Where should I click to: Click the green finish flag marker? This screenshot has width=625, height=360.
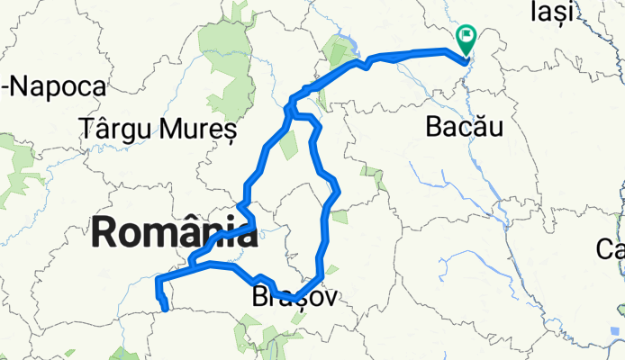[x=466, y=39]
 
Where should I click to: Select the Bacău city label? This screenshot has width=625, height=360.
[x=463, y=128]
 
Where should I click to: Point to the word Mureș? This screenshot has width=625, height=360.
[x=201, y=129]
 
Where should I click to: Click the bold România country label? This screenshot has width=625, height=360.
[x=173, y=233]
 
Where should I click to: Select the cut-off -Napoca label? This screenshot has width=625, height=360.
[x=54, y=87]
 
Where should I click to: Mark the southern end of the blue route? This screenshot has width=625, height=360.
[x=167, y=310]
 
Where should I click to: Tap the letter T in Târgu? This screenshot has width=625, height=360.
[x=87, y=129]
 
